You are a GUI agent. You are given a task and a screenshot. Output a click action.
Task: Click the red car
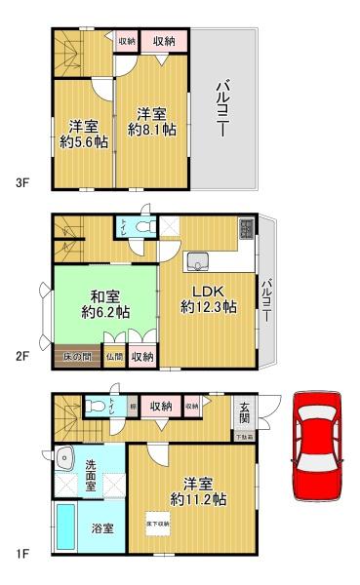318,445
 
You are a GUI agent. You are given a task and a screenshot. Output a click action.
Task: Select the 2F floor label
21,357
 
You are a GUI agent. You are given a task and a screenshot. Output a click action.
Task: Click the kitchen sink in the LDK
199,260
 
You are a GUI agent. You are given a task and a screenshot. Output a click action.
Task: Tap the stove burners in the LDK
246,230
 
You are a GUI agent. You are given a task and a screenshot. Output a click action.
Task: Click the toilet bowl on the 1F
97,404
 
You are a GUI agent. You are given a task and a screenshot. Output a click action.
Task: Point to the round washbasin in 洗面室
66,456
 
